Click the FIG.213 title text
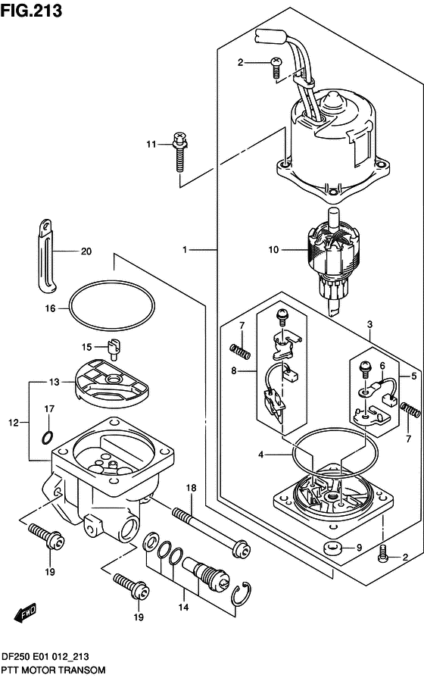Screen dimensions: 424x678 click(x=31, y=11)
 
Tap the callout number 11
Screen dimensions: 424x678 click(x=151, y=144)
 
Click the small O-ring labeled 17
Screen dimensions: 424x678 click(x=48, y=437)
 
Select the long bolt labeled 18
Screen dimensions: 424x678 click(x=211, y=531)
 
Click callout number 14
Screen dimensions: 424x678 click(x=184, y=607)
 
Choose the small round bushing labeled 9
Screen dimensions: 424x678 click(x=333, y=548)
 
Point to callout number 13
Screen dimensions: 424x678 click(x=54, y=382)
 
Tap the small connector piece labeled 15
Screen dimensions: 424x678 click(x=114, y=348)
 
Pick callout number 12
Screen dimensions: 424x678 click(x=14, y=422)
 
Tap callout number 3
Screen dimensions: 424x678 click(x=370, y=324)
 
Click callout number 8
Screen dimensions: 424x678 click(x=234, y=370)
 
